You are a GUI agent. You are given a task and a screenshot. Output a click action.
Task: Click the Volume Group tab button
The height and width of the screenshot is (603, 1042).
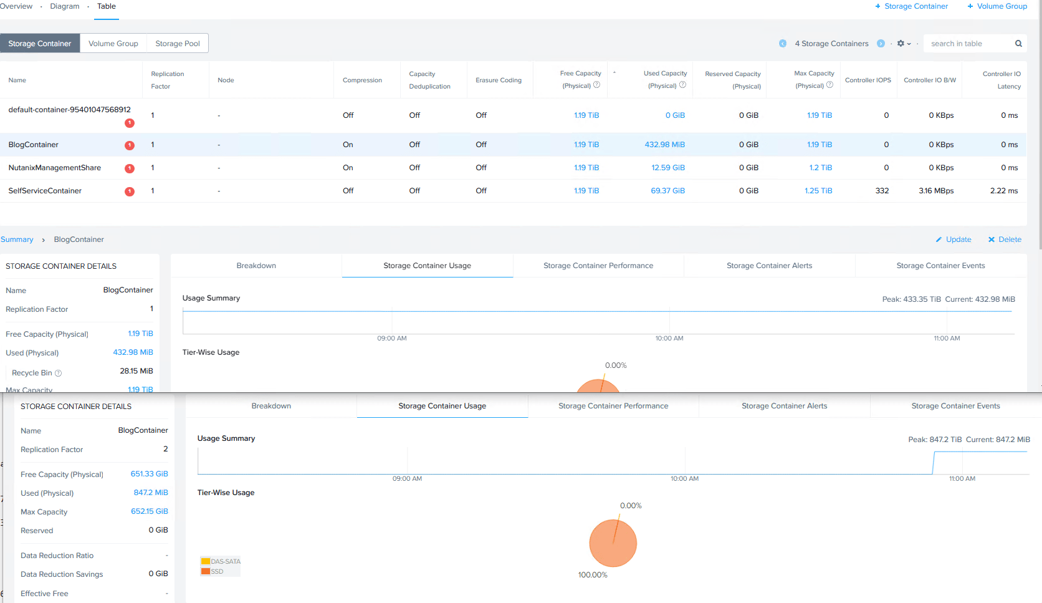[x=113, y=43]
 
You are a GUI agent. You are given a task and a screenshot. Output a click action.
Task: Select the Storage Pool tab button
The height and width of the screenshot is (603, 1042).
[x=177, y=43]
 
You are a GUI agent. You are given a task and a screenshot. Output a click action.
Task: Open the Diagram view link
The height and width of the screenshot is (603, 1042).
[x=65, y=6]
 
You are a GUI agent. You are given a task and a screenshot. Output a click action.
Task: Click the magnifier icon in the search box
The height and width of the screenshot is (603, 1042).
[x=1018, y=43]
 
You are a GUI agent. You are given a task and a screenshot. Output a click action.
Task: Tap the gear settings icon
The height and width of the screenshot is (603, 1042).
[x=901, y=43]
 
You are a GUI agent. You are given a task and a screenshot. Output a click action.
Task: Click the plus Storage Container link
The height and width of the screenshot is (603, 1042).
[x=911, y=6]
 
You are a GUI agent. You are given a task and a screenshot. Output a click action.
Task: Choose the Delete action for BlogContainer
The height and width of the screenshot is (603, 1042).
[x=1005, y=239]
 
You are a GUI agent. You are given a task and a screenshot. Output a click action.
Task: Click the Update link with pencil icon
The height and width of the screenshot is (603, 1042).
[x=954, y=239]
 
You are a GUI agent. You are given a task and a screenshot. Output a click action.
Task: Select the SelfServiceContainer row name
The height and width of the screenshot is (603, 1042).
[x=45, y=191]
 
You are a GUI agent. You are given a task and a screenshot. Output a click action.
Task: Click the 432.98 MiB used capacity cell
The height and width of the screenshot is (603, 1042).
[x=664, y=145]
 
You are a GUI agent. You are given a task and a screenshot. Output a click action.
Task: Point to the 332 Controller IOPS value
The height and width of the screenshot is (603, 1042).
[x=882, y=191]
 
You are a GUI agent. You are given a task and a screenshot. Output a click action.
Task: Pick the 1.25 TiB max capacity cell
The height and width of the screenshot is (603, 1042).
[x=818, y=191]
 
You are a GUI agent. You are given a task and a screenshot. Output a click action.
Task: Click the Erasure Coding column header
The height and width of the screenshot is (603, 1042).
[x=498, y=80]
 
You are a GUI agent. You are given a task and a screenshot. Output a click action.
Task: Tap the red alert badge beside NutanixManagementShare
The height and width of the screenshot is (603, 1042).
[x=130, y=168]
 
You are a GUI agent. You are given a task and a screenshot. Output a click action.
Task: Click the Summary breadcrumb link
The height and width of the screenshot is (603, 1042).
[x=17, y=239]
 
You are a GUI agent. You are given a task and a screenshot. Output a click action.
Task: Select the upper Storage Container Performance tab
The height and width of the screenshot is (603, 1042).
[x=598, y=266]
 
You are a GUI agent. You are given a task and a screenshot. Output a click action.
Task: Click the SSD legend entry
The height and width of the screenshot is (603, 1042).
[x=212, y=571]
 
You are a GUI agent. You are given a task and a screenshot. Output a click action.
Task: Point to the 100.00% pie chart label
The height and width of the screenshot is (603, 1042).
[x=593, y=574]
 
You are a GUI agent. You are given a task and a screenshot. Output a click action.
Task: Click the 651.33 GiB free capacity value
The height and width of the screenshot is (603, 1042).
[x=149, y=474]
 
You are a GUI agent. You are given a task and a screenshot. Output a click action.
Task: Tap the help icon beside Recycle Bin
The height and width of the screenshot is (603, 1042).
[x=58, y=373]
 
